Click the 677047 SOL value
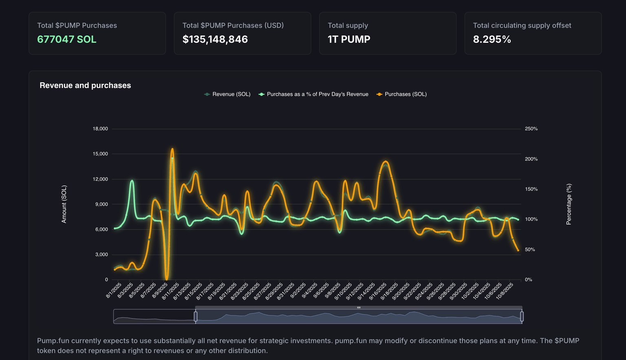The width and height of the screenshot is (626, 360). [x=67, y=40]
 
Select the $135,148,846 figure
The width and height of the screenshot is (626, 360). [x=215, y=40]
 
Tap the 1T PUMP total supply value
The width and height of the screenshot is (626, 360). [x=349, y=40]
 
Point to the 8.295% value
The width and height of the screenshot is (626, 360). [x=492, y=40]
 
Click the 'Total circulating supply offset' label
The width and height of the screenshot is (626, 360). [x=522, y=25]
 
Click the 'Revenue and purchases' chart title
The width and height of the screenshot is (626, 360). [x=85, y=86]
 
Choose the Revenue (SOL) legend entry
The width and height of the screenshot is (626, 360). [x=227, y=94]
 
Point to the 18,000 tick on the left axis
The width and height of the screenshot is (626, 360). [x=100, y=129]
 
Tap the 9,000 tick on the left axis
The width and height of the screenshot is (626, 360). [x=101, y=204]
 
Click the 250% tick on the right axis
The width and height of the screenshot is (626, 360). [x=531, y=129]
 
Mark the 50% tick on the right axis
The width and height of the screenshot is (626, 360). [x=530, y=250]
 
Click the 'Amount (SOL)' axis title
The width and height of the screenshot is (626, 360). [x=64, y=204]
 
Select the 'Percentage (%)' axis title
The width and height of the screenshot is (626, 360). [x=569, y=204]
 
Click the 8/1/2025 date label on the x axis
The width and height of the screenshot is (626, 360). [x=114, y=290]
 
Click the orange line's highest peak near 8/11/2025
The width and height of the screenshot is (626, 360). [x=172, y=149]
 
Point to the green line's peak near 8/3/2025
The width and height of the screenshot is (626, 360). [x=132, y=180]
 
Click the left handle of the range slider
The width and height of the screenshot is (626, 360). [x=196, y=316]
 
